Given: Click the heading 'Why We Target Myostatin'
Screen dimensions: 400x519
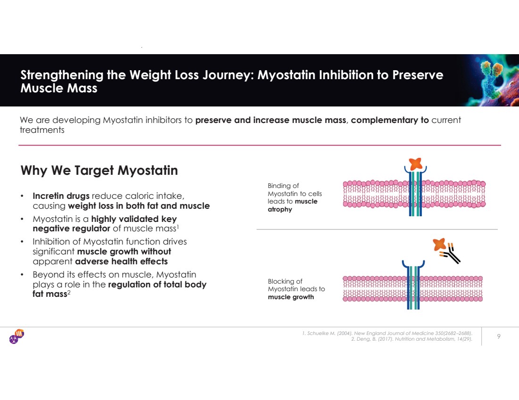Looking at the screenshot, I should click(x=99, y=170).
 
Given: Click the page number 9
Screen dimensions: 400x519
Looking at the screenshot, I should click(x=499, y=336).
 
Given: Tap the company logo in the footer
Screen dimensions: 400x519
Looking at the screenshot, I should click(x=17, y=336).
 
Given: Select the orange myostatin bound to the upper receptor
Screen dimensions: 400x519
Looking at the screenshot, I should click(x=415, y=163).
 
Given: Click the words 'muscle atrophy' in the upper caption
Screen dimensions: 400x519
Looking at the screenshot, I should click(x=292, y=205).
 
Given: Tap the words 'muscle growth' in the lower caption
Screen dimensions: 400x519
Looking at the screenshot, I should click(x=291, y=297).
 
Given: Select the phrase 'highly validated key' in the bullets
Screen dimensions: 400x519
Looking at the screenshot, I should click(x=134, y=219).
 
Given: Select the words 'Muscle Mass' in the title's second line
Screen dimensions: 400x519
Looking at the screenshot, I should click(x=59, y=88).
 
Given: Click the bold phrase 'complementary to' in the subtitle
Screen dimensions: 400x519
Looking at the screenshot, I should click(x=390, y=120).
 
